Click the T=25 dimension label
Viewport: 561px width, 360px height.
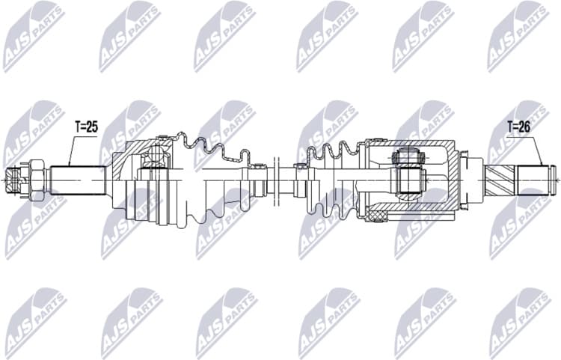pyautogui.click(x=87, y=127)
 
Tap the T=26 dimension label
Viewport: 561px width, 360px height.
pyautogui.click(x=518, y=127)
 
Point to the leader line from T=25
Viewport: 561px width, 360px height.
pyautogui.click(x=71, y=149)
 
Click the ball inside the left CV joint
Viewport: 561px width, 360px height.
pyautogui.click(x=155, y=154)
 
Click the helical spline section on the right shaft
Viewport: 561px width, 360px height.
pyautogui.click(x=499, y=180)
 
